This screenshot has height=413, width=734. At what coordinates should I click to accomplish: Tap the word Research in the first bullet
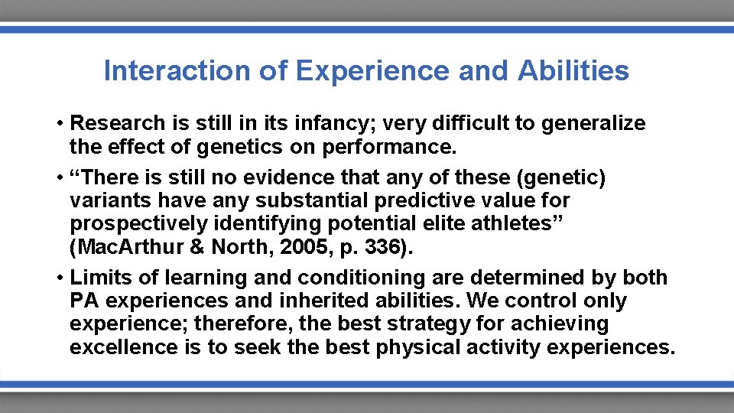tap(117, 123)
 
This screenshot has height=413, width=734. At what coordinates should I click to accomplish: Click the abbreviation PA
tap(83, 301)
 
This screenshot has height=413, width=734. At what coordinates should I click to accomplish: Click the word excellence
tap(123, 346)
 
